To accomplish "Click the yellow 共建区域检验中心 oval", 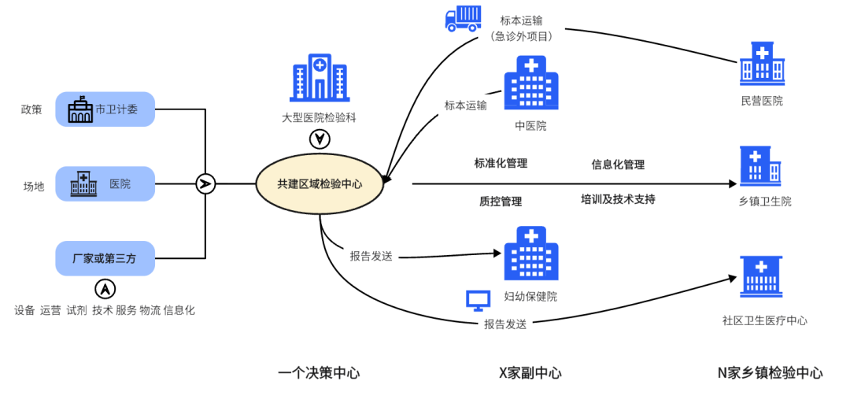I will (320, 183).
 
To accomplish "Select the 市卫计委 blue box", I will (105, 109).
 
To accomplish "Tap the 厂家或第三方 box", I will (105, 258).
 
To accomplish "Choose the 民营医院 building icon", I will (762, 63).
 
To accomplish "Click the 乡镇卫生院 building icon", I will (761, 167).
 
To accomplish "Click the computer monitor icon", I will (478, 300).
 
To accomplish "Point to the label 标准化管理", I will (501, 164).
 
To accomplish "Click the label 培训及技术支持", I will (618, 199).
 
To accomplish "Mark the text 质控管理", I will (501, 202).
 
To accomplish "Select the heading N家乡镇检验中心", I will (770, 372).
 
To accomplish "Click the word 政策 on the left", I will (31, 109).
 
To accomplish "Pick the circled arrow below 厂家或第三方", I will (105, 289).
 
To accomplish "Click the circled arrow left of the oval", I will (205, 184).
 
